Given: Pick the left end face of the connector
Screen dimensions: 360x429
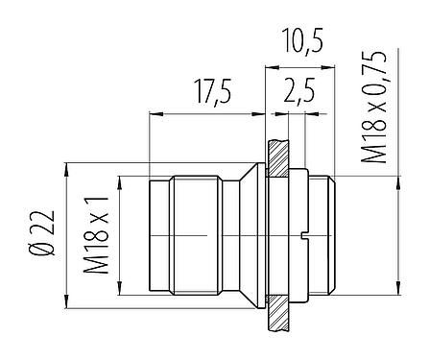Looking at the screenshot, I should pyautogui.click(x=150, y=235).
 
